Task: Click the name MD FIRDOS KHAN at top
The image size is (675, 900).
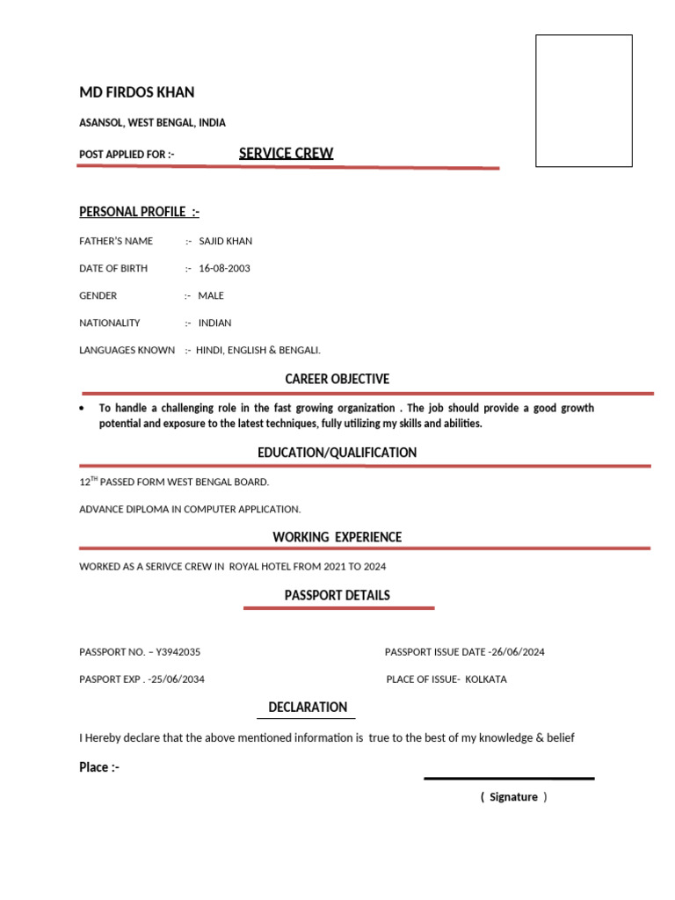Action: (137, 92)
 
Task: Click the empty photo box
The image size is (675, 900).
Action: (584, 100)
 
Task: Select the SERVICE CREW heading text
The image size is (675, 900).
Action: (286, 153)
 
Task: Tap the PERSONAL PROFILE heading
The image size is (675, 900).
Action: (139, 212)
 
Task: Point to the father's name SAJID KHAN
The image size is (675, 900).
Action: (226, 241)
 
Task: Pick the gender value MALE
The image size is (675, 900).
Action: (211, 295)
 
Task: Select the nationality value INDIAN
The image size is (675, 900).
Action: (215, 323)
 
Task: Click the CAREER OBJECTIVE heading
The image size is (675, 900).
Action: (337, 379)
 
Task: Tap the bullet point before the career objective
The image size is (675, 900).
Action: (82, 409)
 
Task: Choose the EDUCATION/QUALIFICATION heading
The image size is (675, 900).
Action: (337, 453)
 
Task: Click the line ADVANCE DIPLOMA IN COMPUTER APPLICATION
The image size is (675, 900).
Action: (190, 509)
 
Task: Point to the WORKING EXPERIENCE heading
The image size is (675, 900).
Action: (337, 537)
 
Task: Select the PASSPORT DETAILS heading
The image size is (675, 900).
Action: (337, 595)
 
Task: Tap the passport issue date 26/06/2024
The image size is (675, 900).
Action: (518, 652)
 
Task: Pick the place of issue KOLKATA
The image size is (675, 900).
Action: (486, 679)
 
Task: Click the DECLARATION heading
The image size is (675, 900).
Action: (308, 707)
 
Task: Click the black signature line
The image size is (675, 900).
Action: (509, 778)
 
